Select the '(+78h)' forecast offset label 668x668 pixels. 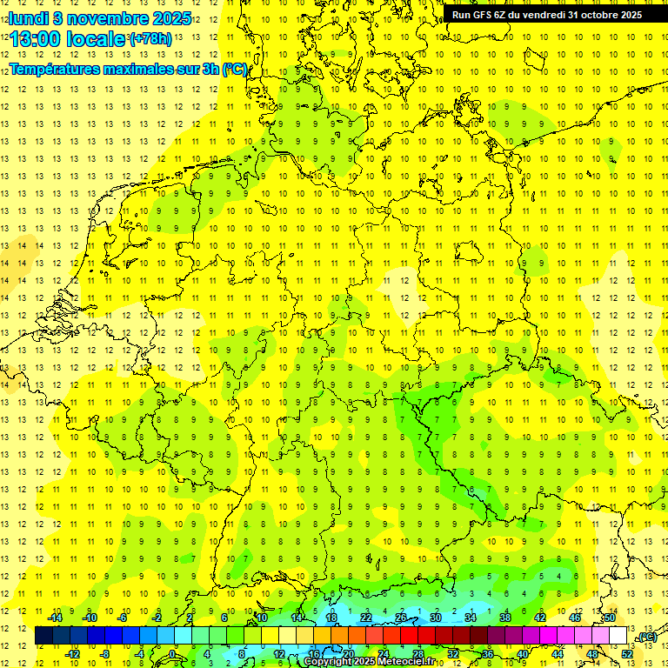150,39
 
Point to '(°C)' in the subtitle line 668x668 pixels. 235,70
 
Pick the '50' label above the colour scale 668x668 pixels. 609,618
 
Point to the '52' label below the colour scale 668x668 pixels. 626,654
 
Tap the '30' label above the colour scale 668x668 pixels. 436,618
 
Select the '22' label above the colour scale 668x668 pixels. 366,618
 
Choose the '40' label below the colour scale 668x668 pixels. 522,654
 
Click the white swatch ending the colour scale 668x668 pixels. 618,636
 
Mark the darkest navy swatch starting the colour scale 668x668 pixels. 43,636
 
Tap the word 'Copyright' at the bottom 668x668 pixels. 329,662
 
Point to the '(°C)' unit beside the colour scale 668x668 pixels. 646,638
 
